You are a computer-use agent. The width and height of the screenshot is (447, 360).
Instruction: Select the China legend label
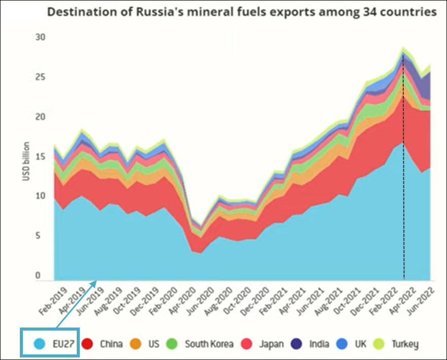point(111,344)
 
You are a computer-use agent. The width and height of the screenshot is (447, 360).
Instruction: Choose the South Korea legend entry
point(209,344)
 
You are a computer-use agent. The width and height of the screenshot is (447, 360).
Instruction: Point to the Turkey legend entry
point(405,344)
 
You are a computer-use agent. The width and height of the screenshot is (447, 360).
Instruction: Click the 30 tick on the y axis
point(41,37)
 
